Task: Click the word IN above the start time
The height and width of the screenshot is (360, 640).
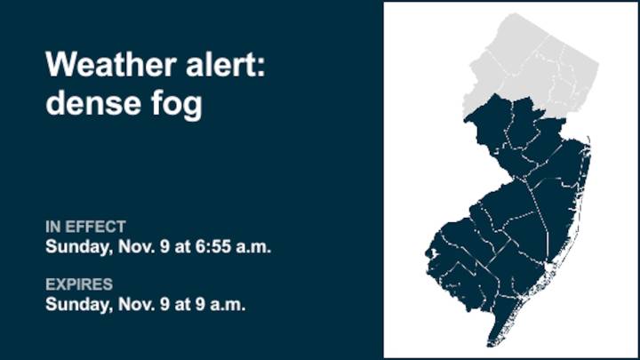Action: (x=53, y=227)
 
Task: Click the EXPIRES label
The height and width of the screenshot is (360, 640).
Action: (x=79, y=284)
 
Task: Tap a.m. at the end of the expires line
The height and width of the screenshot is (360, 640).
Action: (x=229, y=303)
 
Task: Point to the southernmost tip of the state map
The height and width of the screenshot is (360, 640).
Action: (x=489, y=345)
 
